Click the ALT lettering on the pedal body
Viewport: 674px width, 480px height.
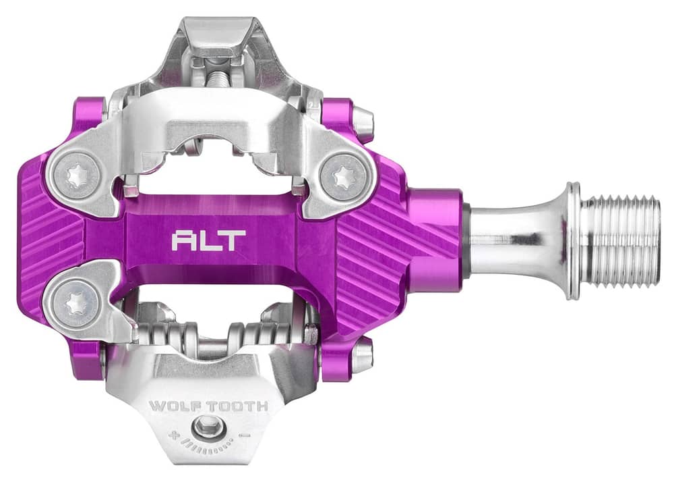[208, 240]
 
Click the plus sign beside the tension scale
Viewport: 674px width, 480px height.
[174, 435]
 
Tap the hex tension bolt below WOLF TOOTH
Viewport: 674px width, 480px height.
[208, 427]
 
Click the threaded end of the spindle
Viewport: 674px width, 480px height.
[621, 240]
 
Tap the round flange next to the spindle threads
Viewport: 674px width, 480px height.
[573, 240]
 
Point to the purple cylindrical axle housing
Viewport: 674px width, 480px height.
[435, 240]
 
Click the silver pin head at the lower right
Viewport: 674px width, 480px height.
[362, 356]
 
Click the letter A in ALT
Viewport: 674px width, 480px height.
[183, 240]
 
